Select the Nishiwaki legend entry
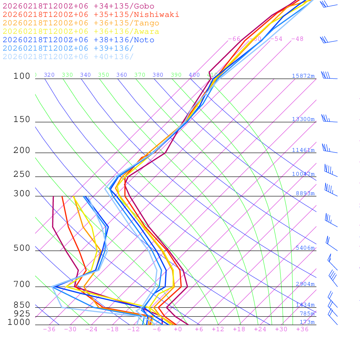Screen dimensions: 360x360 [x=91, y=14]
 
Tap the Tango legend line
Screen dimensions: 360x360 [x=81, y=23]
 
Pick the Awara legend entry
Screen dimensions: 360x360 [x=81, y=32]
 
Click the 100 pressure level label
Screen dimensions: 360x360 [x=22, y=76]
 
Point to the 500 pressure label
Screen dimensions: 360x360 [x=22, y=248]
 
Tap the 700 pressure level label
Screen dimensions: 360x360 [x=22, y=284]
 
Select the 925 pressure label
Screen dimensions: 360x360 [x=22, y=314]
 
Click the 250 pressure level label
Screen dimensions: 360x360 [x=22, y=174]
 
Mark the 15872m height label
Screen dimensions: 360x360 [x=303, y=76]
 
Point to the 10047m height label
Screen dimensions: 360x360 [x=303, y=174]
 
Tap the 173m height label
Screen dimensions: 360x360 [x=307, y=322]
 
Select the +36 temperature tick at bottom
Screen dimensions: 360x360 [x=302, y=329]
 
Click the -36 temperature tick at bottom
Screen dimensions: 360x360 [x=49, y=329]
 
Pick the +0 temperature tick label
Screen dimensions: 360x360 [x=178, y=329]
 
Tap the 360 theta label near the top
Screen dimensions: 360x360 [x=122, y=75]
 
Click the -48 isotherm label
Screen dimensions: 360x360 [x=297, y=39]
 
